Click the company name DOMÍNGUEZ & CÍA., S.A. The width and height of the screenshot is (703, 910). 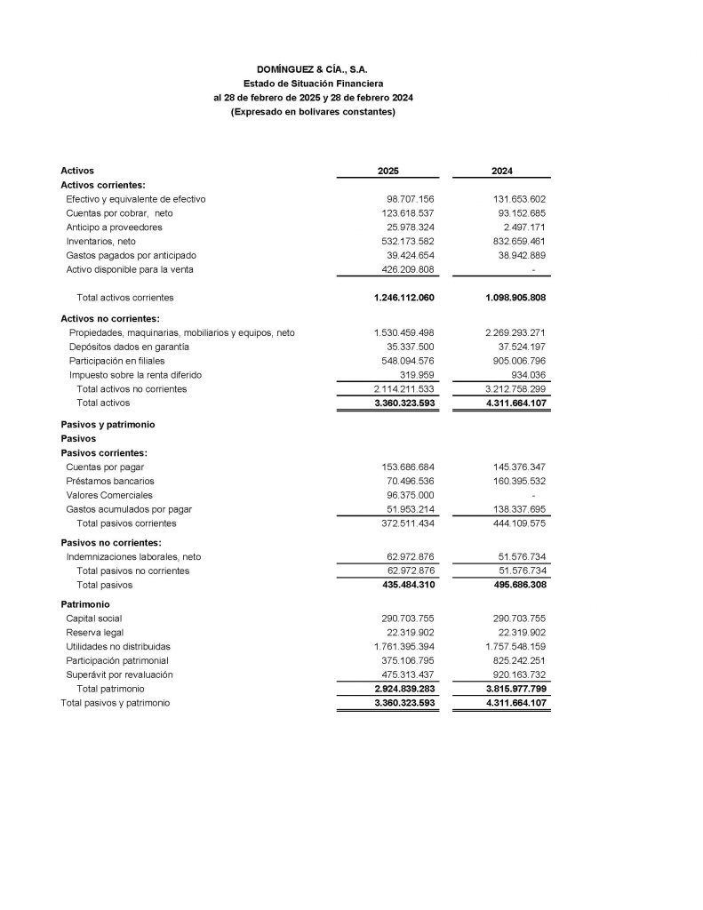[x=312, y=68]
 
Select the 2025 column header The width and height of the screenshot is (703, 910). [x=388, y=171]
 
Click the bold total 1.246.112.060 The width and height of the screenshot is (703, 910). [x=404, y=298]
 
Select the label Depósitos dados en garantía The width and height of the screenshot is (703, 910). [x=129, y=347]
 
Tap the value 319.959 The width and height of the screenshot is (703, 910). [x=416, y=375]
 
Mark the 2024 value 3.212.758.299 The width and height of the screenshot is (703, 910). [x=515, y=389]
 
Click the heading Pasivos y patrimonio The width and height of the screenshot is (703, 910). [x=108, y=425]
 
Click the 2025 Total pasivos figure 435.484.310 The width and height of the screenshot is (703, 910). [x=404, y=585]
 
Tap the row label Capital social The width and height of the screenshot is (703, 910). [x=94, y=619]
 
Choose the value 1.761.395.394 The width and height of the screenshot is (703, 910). [x=404, y=646]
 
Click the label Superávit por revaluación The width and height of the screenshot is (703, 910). [x=119, y=675]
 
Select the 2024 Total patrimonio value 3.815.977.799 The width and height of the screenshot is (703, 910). [x=513, y=689]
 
